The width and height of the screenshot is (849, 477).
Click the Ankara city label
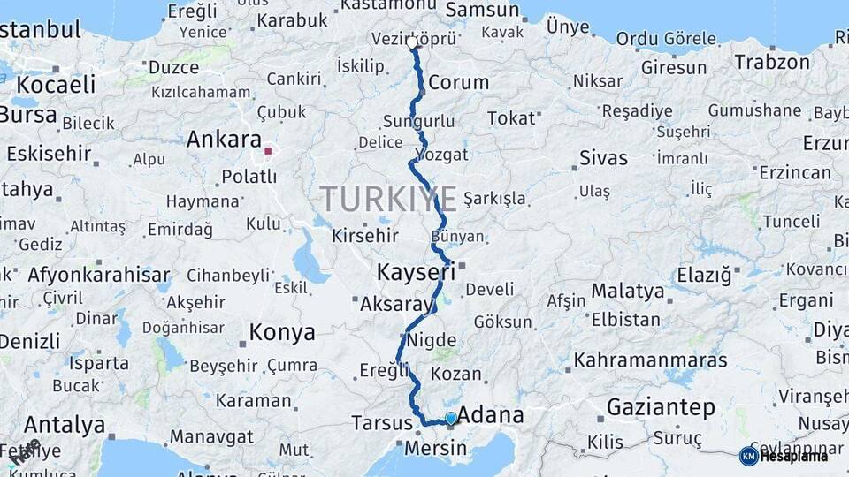point(224,140)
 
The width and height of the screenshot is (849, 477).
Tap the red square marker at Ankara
point(268,151)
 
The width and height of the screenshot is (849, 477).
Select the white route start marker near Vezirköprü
point(412,42)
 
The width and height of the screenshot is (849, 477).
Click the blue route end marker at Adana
point(451,418)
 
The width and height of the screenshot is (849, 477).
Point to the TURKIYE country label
point(388,198)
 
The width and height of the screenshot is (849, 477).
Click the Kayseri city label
point(416,272)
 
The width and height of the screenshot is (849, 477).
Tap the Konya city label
point(282,332)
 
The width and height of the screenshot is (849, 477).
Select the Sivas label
point(603,158)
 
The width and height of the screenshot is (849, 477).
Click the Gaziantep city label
point(661,407)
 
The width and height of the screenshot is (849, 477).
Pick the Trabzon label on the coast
point(772,63)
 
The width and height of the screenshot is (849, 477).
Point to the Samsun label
point(482,11)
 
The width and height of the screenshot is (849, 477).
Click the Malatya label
point(627,291)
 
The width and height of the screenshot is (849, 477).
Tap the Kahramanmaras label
point(650,360)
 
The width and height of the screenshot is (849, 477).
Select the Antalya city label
point(65,425)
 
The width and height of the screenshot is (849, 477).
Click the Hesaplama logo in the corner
point(784,456)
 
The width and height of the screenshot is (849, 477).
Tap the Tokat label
point(511,117)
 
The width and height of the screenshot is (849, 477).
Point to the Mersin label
point(435,449)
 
